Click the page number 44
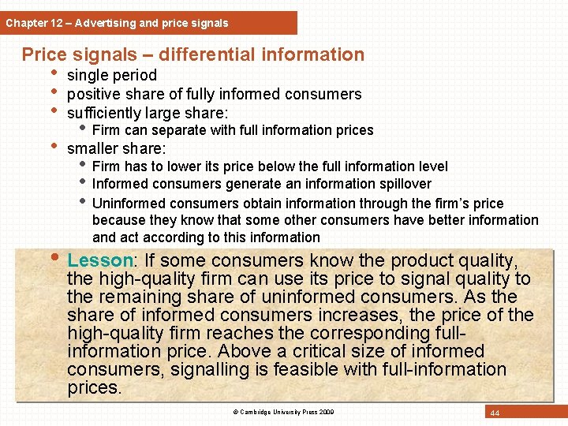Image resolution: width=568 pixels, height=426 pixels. (495, 413)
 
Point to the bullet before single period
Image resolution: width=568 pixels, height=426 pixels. (54, 75)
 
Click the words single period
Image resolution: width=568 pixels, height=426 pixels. (112, 76)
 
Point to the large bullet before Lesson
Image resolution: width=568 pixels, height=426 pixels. (55, 260)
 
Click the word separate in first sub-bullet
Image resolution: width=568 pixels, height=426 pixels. (178, 130)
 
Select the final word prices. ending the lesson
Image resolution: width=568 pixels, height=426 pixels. (95, 387)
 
